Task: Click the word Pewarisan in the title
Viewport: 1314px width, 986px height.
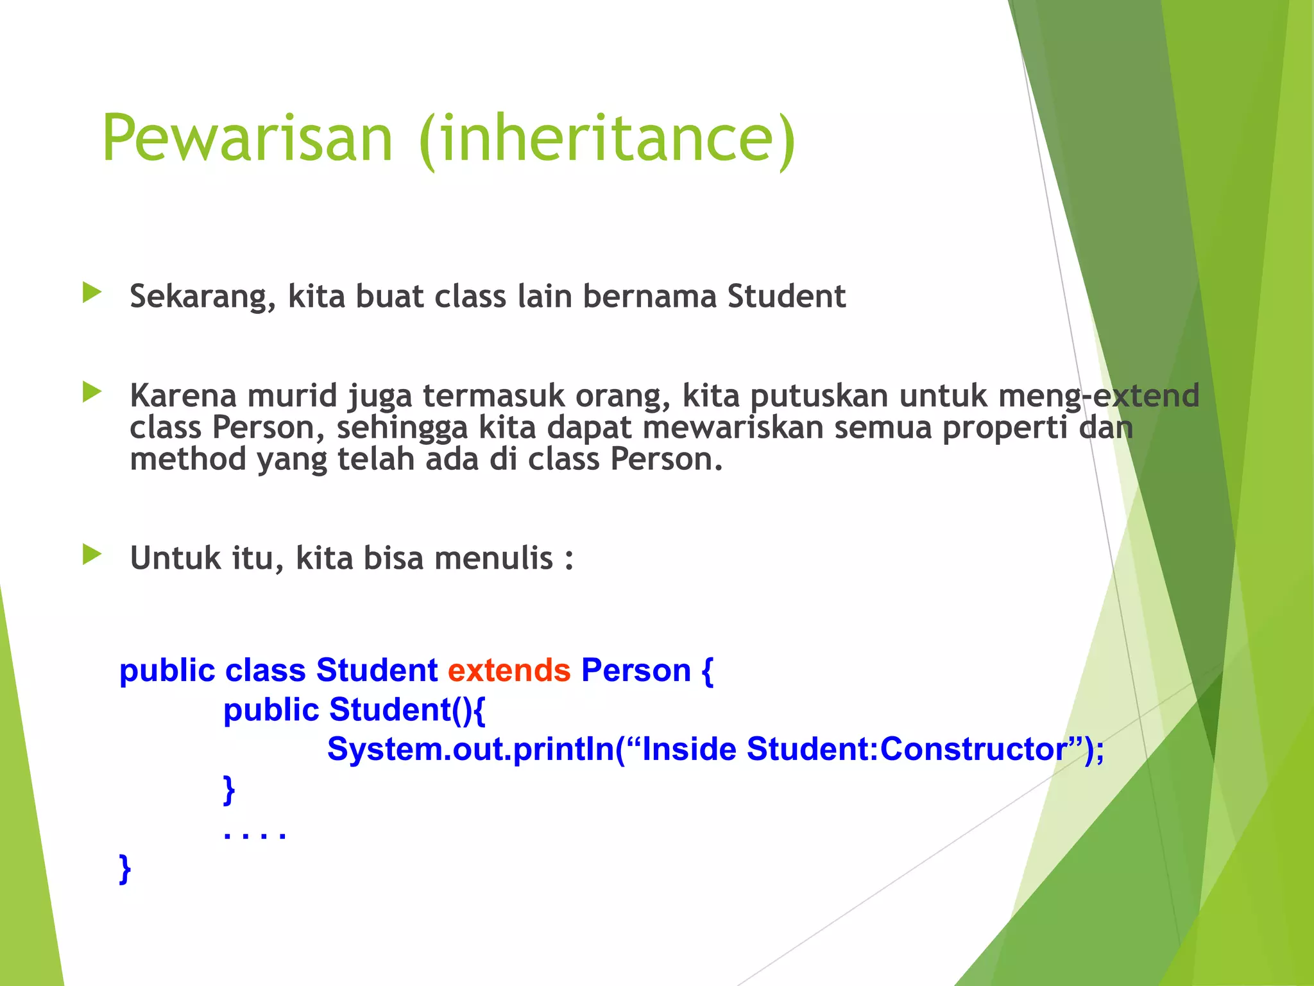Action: (247, 139)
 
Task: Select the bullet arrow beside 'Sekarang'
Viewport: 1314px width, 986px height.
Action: (92, 293)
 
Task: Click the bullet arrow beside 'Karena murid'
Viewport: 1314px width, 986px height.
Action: (92, 392)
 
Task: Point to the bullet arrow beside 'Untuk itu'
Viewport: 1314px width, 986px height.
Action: (92, 555)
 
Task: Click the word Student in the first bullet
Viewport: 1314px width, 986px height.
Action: (786, 297)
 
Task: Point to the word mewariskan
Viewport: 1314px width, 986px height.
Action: (732, 428)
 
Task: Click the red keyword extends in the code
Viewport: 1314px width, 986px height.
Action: (509, 671)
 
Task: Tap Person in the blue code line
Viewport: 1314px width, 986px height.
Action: (636, 671)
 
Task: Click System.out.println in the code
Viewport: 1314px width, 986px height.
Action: (470, 749)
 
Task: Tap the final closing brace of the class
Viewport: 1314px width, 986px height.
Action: (125, 869)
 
